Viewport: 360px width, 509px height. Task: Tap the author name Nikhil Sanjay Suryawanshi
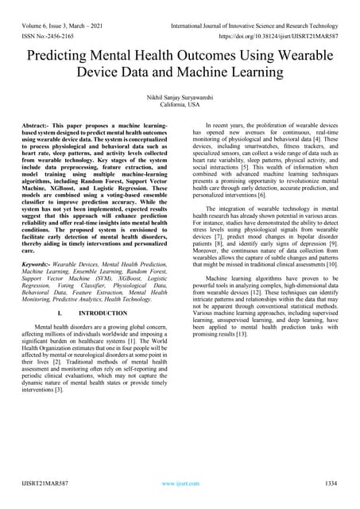[x=180, y=95]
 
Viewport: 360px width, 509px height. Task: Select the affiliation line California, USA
[x=180, y=104]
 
